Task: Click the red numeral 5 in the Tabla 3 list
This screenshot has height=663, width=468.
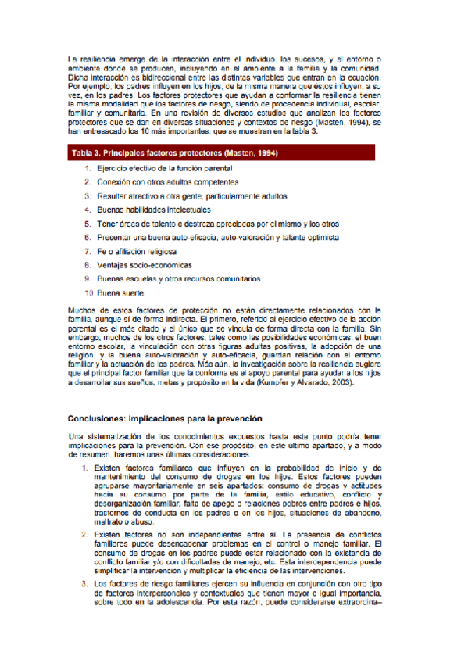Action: (88, 224)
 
